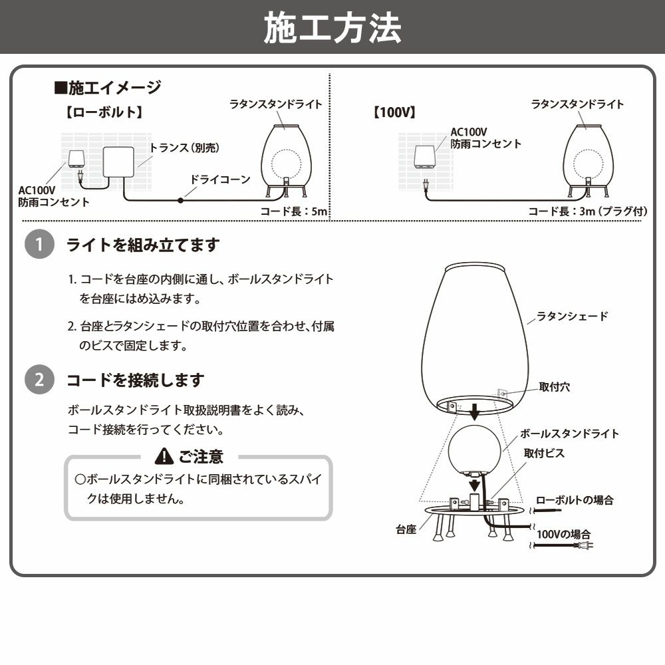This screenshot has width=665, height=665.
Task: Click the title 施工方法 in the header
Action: coord(332,27)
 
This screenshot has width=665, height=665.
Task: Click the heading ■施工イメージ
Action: coord(107,87)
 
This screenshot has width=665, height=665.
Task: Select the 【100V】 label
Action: coord(394,112)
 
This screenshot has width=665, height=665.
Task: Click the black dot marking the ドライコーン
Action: coord(180,199)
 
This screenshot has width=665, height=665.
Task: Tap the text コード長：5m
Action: coord(293,211)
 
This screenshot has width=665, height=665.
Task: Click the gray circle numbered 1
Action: coord(39,245)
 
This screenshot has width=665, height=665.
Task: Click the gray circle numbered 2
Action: coord(39,380)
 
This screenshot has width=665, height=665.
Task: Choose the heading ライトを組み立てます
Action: coord(142,245)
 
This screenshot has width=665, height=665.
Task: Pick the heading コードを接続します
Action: coord(135,380)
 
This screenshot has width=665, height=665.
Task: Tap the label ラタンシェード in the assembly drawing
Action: coord(572,317)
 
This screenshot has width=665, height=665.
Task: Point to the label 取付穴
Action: coord(554,387)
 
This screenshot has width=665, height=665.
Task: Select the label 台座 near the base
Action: coord(406,530)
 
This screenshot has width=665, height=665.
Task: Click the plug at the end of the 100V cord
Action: coord(586,546)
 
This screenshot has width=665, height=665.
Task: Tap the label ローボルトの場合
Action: coord(574,500)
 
